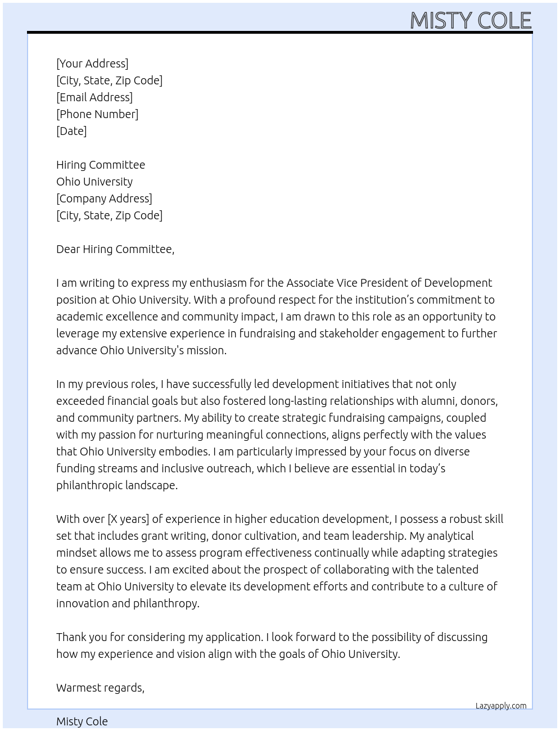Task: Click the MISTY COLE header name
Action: tap(471, 21)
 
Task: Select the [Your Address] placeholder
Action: tap(92, 64)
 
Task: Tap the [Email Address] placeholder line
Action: tap(94, 97)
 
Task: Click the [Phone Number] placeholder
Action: tap(97, 114)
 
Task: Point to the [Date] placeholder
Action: tap(71, 131)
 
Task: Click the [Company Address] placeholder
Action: tap(104, 198)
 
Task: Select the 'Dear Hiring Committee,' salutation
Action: tap(115, 249)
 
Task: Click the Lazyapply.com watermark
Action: tap(501, 706)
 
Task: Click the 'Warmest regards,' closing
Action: tap(100, 688)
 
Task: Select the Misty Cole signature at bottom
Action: tap(82, 721)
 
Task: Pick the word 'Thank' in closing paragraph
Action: tap(71, 637)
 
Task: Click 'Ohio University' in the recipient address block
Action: tap(94, 182)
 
